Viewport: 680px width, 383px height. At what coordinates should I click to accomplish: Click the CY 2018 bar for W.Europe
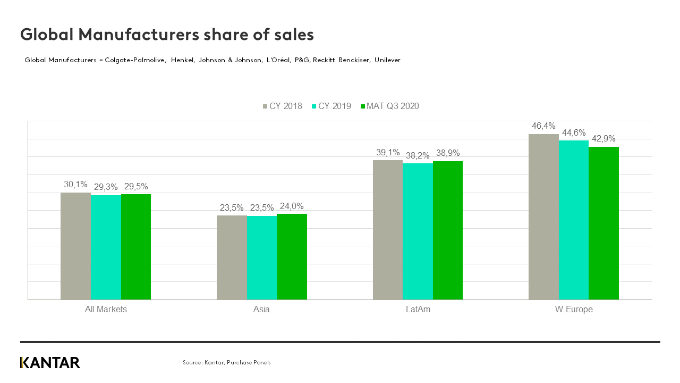543,217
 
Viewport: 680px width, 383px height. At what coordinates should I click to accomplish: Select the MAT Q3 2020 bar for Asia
292,257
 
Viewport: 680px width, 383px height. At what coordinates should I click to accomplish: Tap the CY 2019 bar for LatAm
418,231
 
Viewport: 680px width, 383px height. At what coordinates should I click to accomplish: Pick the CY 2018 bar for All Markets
75,246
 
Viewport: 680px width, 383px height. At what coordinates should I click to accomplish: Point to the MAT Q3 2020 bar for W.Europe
603,223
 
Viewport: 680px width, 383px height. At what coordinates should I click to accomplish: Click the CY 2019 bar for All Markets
106,247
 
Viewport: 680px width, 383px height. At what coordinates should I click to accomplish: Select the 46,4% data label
543,126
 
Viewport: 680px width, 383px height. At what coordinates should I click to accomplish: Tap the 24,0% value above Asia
292,206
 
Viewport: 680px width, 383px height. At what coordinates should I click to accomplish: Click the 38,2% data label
418,155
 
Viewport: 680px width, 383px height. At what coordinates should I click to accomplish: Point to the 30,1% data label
75,185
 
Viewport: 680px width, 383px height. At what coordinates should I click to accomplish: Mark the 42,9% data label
603,139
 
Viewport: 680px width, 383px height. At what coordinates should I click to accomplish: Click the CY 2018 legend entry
282,106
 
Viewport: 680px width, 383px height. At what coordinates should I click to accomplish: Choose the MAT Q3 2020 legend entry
389,106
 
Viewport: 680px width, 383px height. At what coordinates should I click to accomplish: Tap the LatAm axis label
418,309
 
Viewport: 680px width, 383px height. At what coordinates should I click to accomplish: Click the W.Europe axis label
574,309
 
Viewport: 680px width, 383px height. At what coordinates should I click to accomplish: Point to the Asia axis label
261,309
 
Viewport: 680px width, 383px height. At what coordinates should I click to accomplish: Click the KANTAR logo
50,363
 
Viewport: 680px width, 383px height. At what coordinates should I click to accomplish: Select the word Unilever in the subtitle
387,60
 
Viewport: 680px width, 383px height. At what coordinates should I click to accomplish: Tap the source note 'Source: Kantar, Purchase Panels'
227,362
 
